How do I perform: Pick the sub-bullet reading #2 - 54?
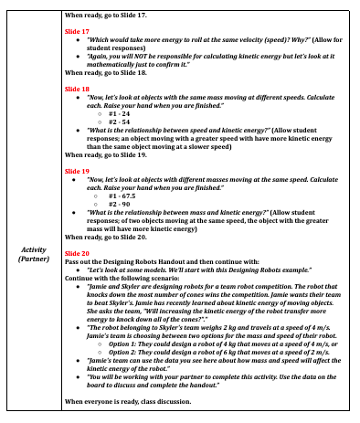[x=119, y=122]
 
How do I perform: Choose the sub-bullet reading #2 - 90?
[x=119, y=203]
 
